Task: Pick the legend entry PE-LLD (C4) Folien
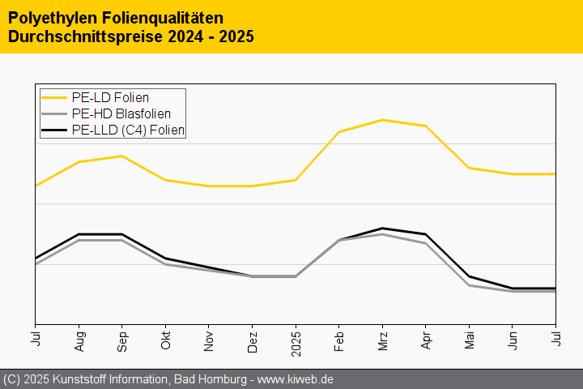128,129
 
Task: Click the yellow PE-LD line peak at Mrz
382,120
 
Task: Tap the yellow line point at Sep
122,156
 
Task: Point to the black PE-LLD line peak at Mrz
382,229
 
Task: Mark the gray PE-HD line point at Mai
469,285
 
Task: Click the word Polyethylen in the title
46,17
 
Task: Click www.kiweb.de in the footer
296,379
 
